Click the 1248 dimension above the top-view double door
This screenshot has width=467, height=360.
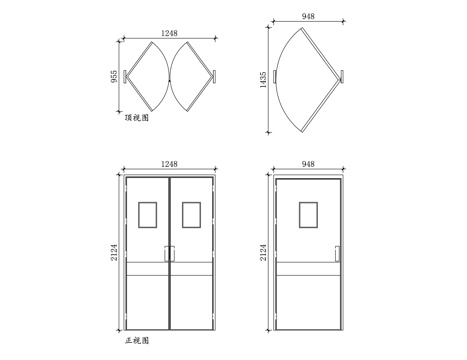(x=169, y=34)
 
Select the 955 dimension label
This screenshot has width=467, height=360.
(x=115, y=76)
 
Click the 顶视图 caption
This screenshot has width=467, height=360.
(x=137, y=118)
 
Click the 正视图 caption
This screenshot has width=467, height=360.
(x=137, y=341)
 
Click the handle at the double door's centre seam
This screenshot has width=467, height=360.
(x=169, y=256)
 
